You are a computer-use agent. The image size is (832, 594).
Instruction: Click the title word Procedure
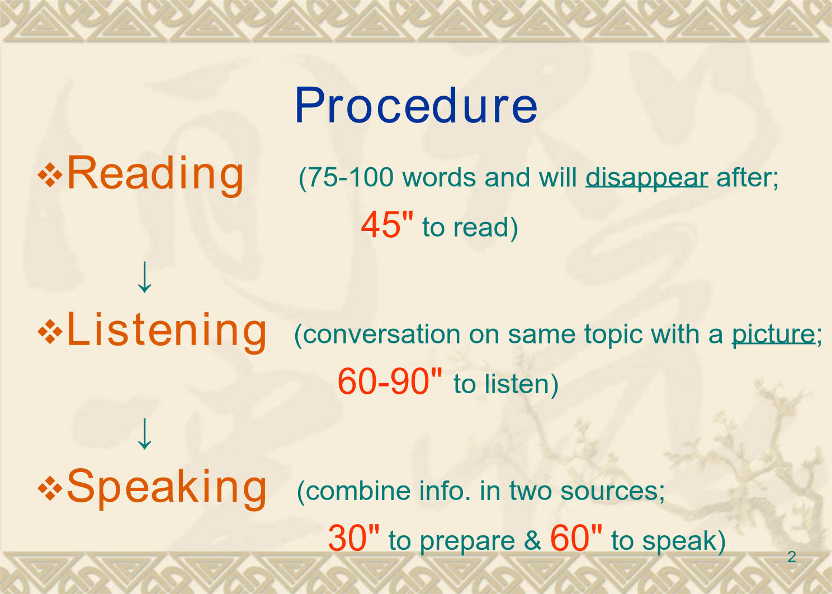416,105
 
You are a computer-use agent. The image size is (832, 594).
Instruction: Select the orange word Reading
155,175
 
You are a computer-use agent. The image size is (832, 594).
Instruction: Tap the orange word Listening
167,331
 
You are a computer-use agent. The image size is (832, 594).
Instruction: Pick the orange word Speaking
167,487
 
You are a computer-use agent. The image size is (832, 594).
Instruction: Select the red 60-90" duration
390,381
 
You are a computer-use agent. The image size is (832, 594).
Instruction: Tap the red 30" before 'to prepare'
353,538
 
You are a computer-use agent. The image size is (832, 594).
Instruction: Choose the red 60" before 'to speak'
576,538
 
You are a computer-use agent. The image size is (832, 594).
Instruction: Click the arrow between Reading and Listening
144,277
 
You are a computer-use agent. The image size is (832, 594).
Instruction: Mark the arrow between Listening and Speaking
144,434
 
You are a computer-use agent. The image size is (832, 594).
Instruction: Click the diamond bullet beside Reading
50,175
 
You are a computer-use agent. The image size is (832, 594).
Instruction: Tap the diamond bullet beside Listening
50,331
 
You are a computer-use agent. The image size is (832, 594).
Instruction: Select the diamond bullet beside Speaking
50,488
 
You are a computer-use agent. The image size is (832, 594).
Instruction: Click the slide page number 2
792,557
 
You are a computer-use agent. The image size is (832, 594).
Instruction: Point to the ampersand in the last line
532,540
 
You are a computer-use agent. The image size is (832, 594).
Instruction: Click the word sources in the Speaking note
609,491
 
